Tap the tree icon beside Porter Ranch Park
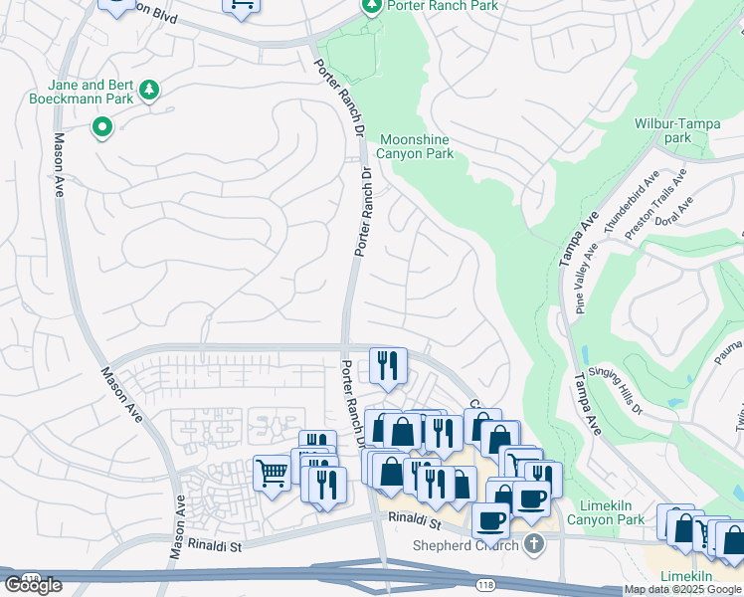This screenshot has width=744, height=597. coord(370,6)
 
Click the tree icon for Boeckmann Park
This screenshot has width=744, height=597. coord(149,91)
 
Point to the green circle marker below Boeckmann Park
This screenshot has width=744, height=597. coord(101,127)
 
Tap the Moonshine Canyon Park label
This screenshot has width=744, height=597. coord(415,146)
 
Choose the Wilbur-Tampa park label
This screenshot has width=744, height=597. coord(676,130)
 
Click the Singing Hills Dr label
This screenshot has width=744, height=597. coord(618,383)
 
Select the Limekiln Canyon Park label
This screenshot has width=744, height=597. coord(605,512)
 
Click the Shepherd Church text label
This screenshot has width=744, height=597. coord(466,544)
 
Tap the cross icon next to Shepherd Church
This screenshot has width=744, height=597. coord(534,543)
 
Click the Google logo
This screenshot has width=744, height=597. coord(33,585)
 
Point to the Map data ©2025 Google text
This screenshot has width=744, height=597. coord(682,590)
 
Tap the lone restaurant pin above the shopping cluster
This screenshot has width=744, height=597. coord(388,365)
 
